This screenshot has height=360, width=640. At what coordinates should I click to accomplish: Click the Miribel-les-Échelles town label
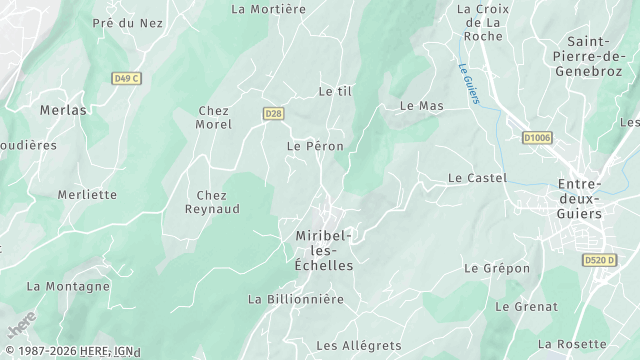pyautogui.click(x=325, y=251)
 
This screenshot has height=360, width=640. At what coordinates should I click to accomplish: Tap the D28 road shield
pyautogui.click(x=273, y=114)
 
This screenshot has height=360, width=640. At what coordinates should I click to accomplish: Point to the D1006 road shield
pyautogui.click(x=537, y=138)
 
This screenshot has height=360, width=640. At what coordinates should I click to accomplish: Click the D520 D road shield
pyautogui.click(x=599, y=261)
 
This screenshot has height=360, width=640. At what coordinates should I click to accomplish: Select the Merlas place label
pyautogui.click(x=63, y=110)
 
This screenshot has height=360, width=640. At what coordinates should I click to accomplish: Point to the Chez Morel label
pyautogui.click(x=215, y=117)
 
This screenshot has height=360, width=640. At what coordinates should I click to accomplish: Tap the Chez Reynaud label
pyautogui.click(x=211, y=202)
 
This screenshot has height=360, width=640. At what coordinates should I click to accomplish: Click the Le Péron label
pyautogui.click(x=315, y=146)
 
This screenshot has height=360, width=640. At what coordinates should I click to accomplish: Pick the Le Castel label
pyautogui.click(x=477, y=178)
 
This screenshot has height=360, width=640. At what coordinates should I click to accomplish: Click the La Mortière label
pyautogui.click(x=268, y=9)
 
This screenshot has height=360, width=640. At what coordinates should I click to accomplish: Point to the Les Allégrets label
pyautogui.click(x=358, y=345)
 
